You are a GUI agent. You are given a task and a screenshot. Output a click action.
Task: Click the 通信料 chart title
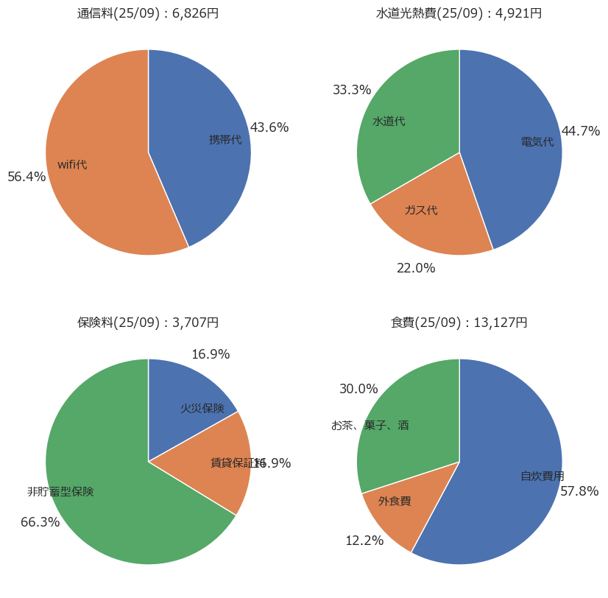tap(148, 13)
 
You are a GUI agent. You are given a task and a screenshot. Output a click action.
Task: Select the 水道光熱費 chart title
tap(459, 13)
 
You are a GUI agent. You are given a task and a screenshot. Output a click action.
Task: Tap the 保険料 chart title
tap(148, 323)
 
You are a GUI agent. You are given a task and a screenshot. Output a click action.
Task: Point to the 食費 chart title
tap(459, 323)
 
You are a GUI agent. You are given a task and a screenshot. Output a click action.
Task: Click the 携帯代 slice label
tap(225, 139)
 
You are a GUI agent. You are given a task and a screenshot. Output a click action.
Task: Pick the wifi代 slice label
tap(72, 165)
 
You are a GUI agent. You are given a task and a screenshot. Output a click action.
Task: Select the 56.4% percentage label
tap(26, 177)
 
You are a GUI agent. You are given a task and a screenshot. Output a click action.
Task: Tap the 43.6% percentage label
tap(269, 127)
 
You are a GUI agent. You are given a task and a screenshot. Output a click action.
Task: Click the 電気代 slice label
tap(537, 142)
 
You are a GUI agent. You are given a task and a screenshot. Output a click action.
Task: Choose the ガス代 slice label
tap(421, 211)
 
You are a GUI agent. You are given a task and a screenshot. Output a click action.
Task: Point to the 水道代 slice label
tap(389, 122)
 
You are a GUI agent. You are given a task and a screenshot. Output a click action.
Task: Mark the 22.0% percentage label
tap(416, 268)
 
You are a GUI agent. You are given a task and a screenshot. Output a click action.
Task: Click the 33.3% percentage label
tap(352, 90)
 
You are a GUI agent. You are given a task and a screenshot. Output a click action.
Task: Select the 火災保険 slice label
tap(202, 408)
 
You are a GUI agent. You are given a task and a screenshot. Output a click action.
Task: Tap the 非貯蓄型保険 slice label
tap(60, 491)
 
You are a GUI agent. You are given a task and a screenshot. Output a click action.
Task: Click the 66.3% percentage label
tap(40, 522)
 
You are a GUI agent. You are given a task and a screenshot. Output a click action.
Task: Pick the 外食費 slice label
tap(395, 502)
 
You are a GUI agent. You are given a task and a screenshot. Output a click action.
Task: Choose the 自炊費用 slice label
tap(542, 476)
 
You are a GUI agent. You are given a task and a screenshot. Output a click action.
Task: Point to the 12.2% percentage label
tap(364, 541)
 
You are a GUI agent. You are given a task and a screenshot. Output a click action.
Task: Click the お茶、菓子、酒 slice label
tap(370, 426)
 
